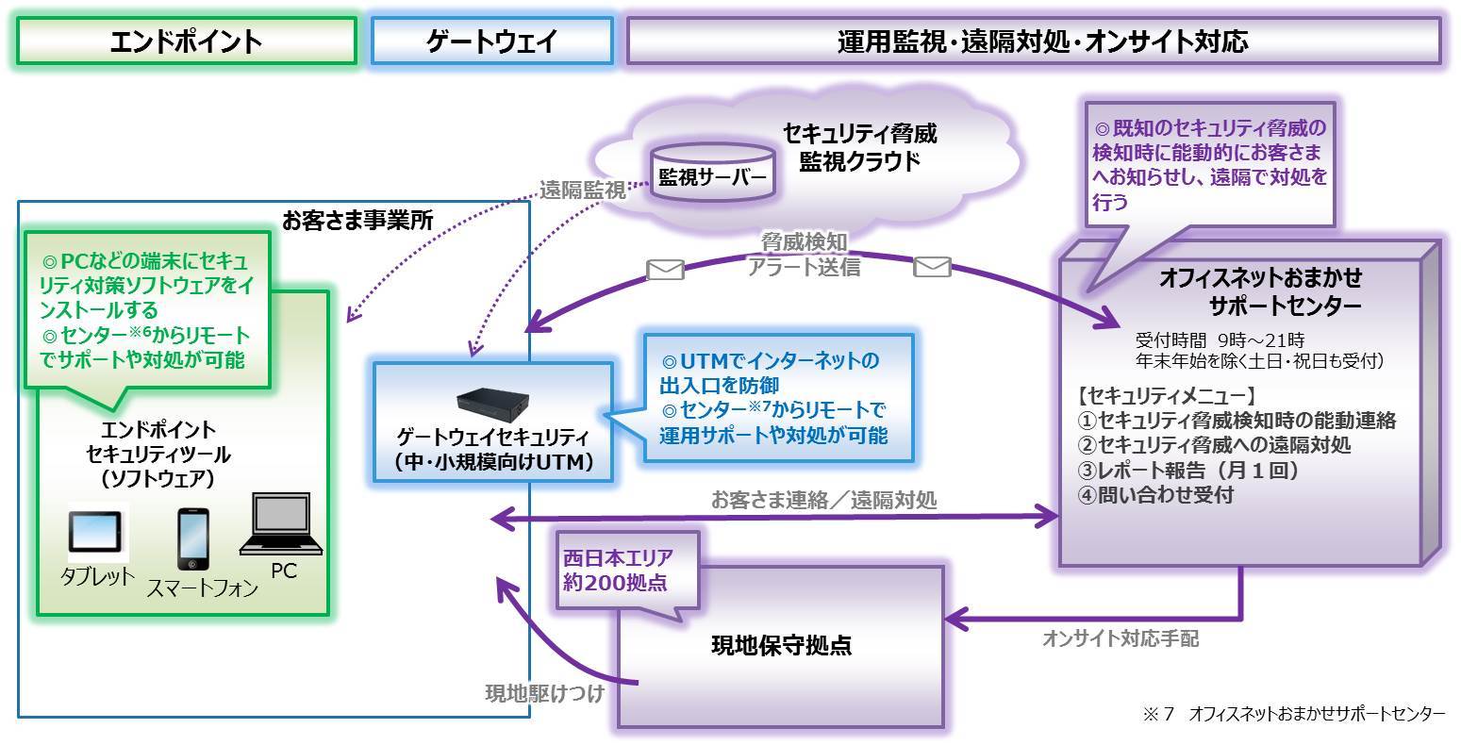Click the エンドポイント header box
point(186,41)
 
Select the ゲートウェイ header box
point(491,41)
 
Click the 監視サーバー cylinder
point(712,174)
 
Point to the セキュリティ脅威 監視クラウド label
point(859,147)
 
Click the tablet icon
point(94,534)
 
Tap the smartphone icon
point(192,539)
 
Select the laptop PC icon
point(281,525)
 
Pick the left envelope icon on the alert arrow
point(665,270)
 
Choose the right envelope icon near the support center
point(932,268)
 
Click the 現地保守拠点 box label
point(781,646)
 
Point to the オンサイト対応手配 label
point(1121,638)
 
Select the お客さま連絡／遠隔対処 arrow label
point(823,500)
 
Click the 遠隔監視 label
point(582,190)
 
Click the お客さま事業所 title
point(357,221)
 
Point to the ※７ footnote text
point(1293,714)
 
